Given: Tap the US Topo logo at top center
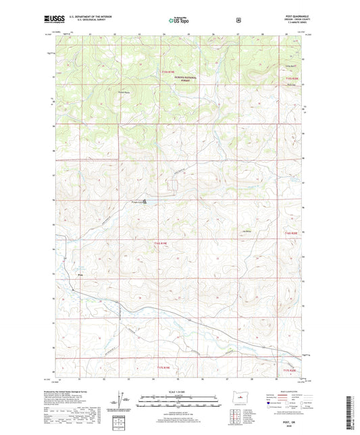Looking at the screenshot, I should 179,21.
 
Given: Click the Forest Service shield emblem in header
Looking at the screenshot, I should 238,20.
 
